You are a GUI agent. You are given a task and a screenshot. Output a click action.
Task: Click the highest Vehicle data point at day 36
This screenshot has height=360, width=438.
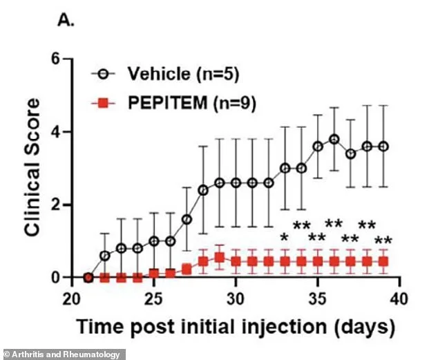(x=334, y=139)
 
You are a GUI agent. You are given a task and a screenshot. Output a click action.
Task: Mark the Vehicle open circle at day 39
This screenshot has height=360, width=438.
(x=383, y=146)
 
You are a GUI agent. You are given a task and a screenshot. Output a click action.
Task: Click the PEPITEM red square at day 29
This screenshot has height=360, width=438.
(x=219, y=258)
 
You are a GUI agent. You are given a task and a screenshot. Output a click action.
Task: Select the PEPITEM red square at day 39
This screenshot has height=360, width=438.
(x=383, y=261)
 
